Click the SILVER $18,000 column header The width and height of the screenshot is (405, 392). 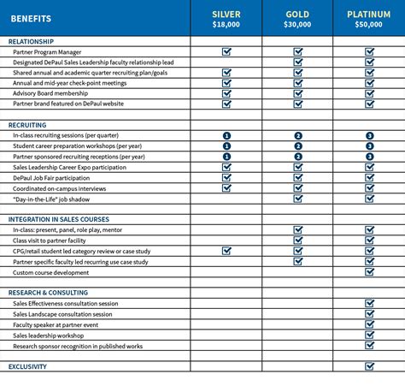[x=226, y=20]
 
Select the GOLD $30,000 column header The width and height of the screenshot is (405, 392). [x=297, y=20]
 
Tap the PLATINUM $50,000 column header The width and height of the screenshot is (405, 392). [x=369, y=20]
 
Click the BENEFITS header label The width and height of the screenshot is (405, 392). [x=32, y=18]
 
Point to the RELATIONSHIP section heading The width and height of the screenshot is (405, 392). [x=31, y=41]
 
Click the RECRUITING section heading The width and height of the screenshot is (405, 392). [x=27, y=125]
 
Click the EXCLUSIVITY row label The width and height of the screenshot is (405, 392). [x=27, y=366]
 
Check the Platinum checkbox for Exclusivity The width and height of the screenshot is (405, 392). [x=370, y=366]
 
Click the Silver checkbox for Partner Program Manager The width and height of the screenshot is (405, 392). [x=227, y=51]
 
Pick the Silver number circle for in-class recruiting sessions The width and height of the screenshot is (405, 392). [x=227, y=135]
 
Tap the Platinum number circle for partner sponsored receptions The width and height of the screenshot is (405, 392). [x=370, y=157]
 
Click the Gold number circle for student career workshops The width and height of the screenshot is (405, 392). [x=298, y=146]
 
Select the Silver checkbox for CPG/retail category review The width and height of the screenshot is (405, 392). [x=227, y=252]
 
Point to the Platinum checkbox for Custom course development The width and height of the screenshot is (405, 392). [x=370, y=272]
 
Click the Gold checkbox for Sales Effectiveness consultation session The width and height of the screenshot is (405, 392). [x=298, y=304]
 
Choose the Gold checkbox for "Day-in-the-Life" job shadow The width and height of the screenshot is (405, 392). [x=298, y=199]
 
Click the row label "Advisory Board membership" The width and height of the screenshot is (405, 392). [x=50, y=93]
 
